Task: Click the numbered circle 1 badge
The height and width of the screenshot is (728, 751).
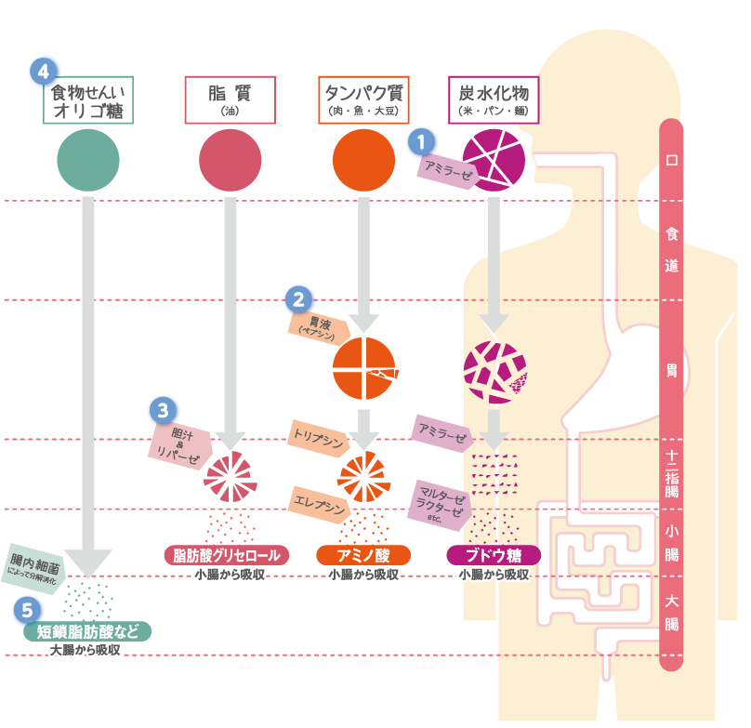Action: [x=422, y=142]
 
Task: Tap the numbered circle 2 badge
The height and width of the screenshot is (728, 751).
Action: [x=297, y=299]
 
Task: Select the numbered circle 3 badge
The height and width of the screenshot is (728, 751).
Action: [x=163, y=408]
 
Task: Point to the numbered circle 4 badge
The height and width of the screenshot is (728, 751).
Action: [x=42, y=71]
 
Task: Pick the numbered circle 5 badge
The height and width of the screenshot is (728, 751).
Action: [x=28, y=610]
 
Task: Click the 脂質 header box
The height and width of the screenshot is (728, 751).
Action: [x=231, y=99]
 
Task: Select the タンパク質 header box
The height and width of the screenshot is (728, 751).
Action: [x=364, y=99]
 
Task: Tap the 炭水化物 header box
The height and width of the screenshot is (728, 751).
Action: [x=494, y=99]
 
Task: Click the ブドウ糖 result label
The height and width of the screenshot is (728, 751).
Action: [x=494, y=556]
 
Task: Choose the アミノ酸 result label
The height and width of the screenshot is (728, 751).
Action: [x=364, y=556]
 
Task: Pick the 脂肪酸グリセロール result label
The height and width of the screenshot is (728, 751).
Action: [x=227, y=556]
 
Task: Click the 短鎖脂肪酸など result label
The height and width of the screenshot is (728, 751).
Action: [x=87, y=631]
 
